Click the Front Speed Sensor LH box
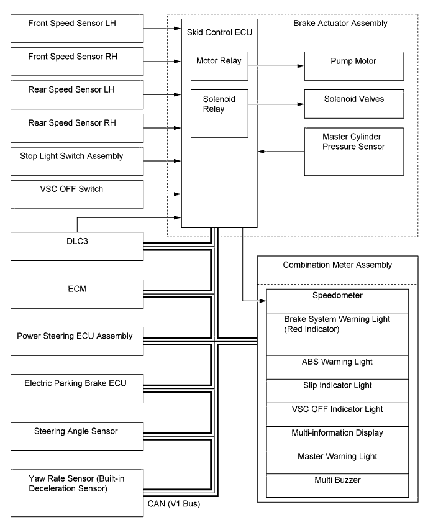tap(78, 29)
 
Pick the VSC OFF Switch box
tap(78, 194)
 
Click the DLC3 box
tap(78, 246)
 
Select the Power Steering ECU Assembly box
tap(78, 342)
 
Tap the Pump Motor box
tap(354, 63)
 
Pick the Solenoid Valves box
tap(354, 100)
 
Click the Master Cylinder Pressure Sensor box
tap(354, 151)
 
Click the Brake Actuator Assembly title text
tap(340, 24)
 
